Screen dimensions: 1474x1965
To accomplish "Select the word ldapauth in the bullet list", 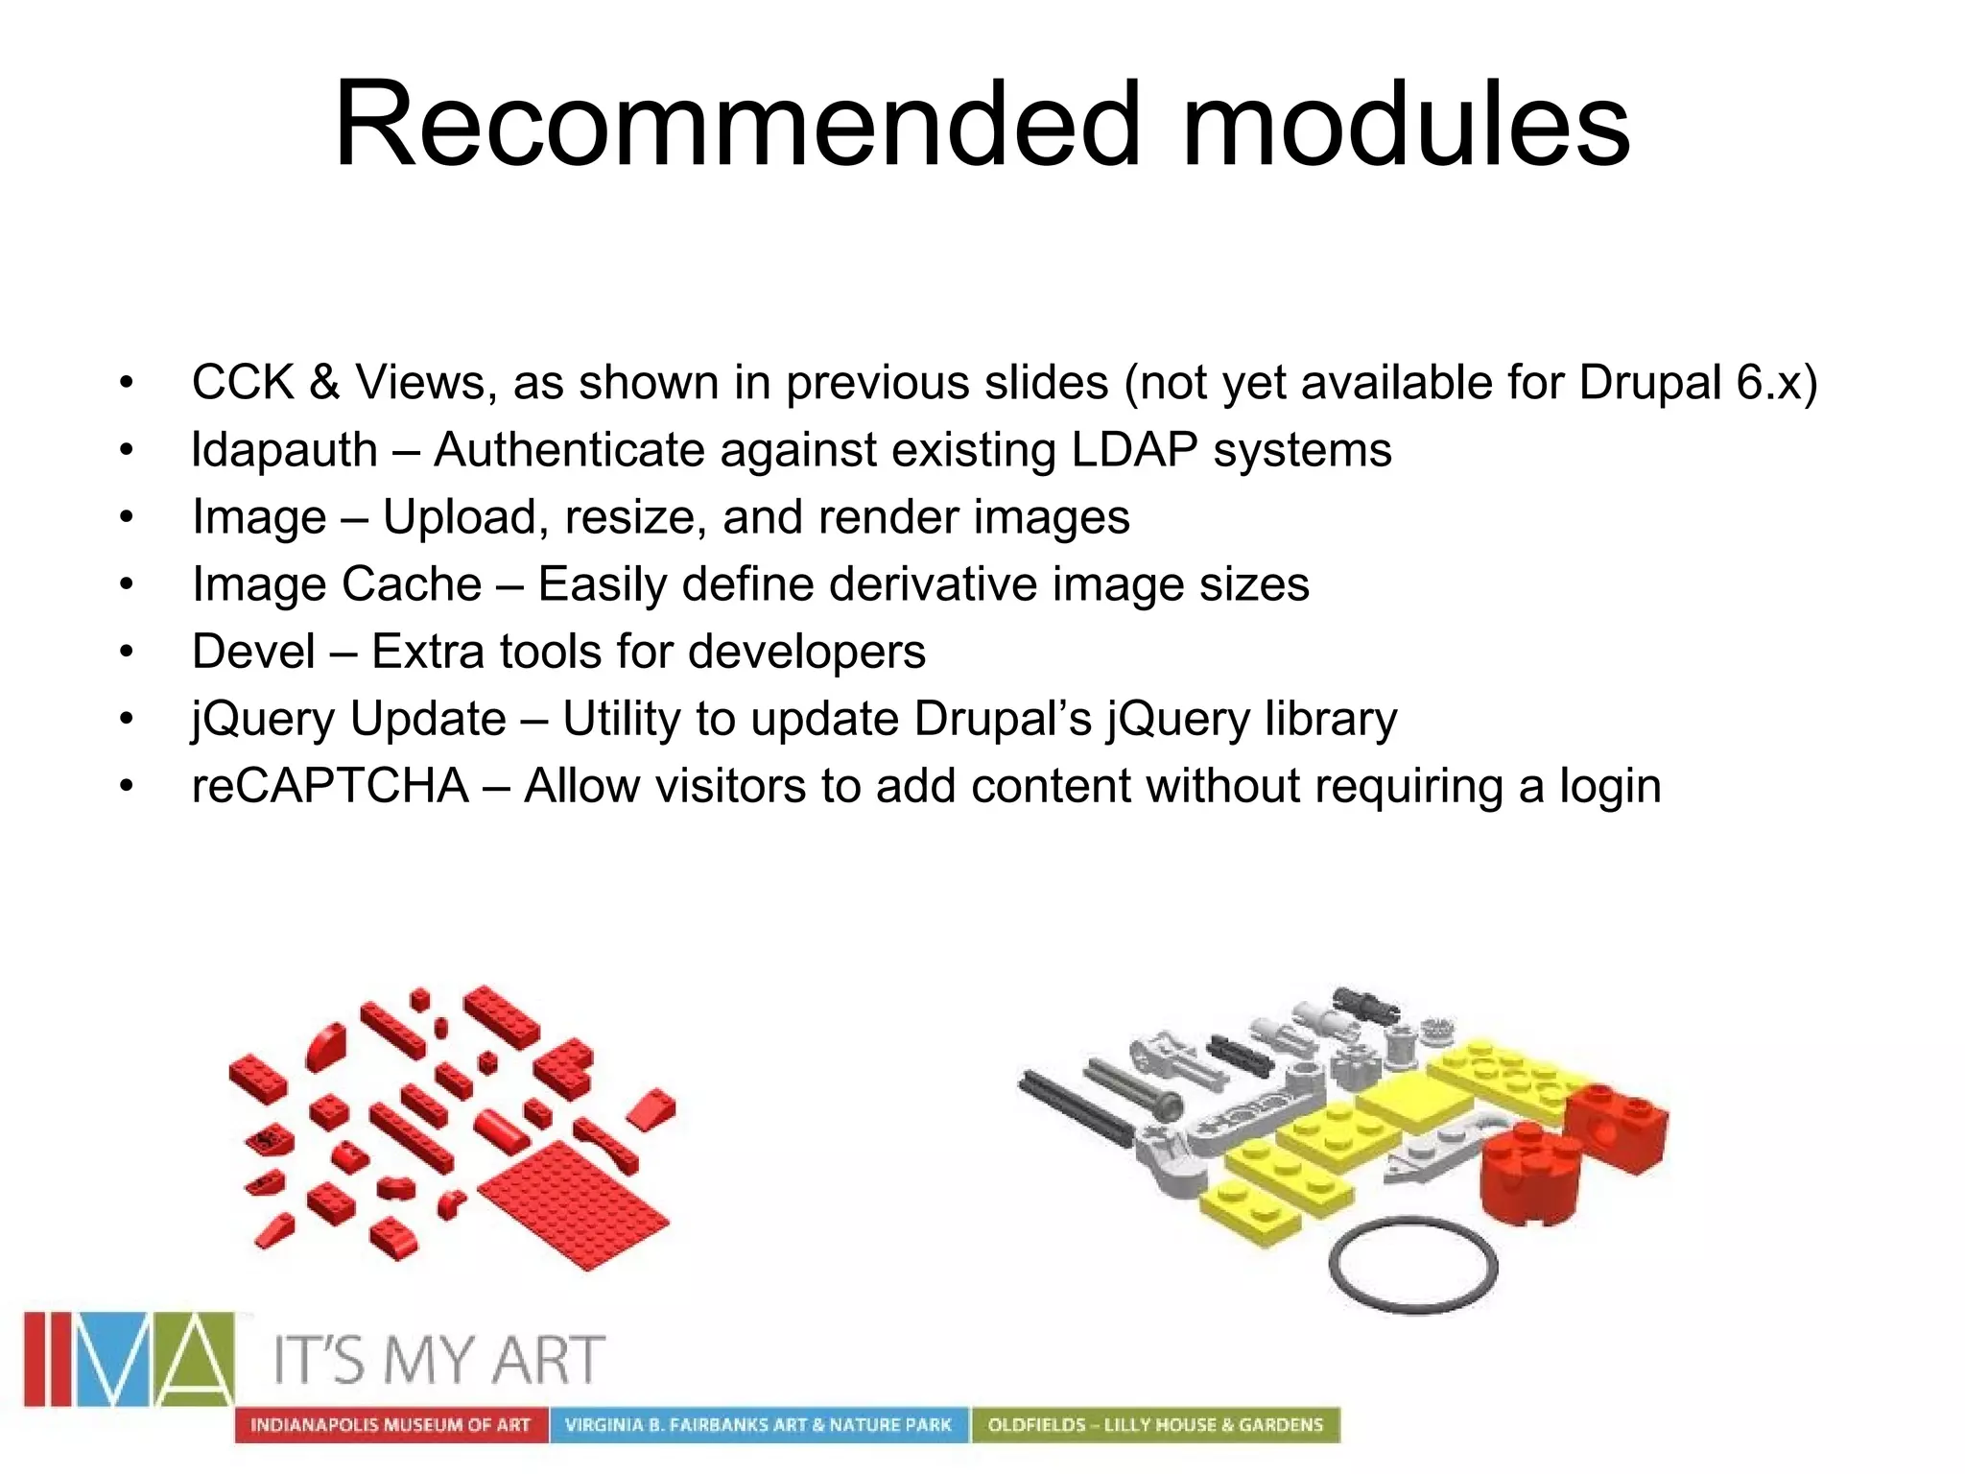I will (284, 450).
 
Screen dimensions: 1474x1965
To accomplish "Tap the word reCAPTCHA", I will (330, 786).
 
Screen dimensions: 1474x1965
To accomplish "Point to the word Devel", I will (253, 652).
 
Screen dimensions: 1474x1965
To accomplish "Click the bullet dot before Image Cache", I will (127, 585).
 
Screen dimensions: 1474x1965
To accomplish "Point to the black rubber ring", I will (1412, 1265).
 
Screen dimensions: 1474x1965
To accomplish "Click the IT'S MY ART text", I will (439, 1361).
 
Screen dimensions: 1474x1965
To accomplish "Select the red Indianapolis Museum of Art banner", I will (391, 1425).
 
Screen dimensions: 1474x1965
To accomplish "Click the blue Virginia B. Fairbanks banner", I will (758, 1425).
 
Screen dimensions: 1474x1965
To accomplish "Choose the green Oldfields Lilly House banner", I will (1155, 1425).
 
